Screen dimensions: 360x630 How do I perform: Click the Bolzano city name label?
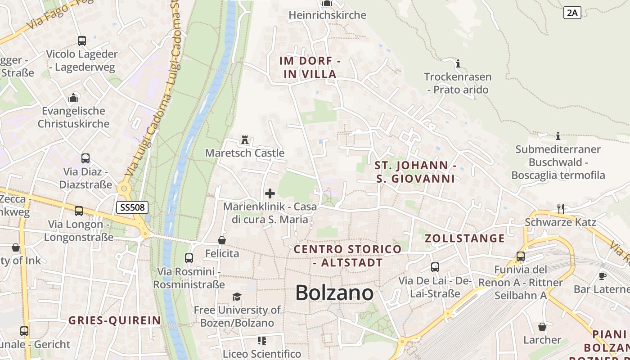[334, 293]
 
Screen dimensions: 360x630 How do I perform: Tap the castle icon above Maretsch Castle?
[245, 140]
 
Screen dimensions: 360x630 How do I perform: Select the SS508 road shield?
[132, 207]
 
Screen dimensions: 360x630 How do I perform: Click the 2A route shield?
[572, 13]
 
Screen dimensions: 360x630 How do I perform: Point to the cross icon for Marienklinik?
[270, 193]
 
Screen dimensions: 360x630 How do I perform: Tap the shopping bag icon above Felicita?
[222, 240]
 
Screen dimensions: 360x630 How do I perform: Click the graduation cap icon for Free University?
[237, 297]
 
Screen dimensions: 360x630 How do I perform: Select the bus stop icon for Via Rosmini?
[189, 258]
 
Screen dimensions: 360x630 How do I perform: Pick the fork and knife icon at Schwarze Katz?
[561, 208]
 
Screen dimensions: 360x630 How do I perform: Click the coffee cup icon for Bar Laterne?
[603, 275]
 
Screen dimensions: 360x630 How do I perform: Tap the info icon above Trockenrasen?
[458, 63]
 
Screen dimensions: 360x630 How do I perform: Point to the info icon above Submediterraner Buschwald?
[558, 136]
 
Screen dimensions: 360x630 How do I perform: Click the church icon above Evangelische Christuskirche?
[73, 98]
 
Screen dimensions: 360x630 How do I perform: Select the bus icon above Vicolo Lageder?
[82, 41]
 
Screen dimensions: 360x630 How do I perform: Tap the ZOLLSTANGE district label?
[465, 238]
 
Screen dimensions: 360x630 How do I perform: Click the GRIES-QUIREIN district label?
[114, 320]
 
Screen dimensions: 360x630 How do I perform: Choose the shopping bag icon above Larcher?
[542, 326]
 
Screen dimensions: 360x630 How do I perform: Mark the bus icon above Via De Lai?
[435, 267]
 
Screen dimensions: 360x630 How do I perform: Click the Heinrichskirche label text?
[327, 15]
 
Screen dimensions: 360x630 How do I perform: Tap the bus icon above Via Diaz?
[85, 158]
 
